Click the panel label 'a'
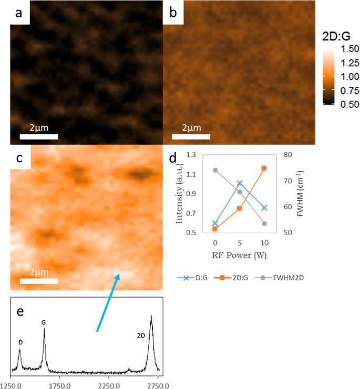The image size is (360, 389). click(x=18, y=14)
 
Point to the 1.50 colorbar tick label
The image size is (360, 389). click(x=344, y=49)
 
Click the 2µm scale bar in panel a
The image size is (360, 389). click(x=38, y=136)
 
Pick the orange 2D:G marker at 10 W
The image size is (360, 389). click(x=264, y=168)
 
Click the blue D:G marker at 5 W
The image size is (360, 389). click(x=240, y=183)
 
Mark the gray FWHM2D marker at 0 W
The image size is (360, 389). click(x=215, y=170)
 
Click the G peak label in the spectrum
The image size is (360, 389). click(x=43, y=323)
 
